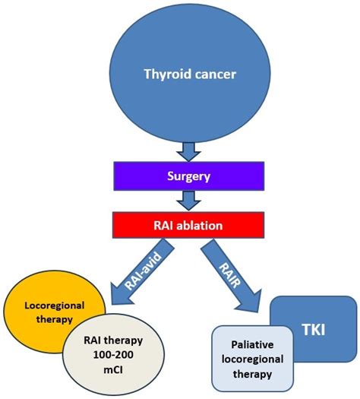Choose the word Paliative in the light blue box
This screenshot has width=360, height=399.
251,344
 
